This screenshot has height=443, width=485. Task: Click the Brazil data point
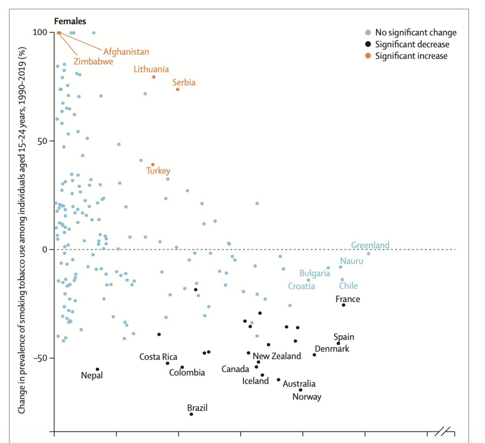pos(191,414)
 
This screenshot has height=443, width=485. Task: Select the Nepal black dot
pos(98,369)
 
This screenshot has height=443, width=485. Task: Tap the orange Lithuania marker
pos(154,77)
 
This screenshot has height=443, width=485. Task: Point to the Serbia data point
pos(178,89)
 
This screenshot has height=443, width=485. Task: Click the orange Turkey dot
pos(153,165)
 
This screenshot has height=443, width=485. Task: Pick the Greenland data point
pos(368,254)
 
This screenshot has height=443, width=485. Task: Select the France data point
pos(343,305)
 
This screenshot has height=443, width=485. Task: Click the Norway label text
pos(306,397)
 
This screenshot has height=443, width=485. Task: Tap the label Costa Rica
pos(158,356)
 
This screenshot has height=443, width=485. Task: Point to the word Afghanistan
pos(126,52)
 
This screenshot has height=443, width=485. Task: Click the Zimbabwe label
pos(93,62)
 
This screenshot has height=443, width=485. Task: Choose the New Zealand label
pos(277,356)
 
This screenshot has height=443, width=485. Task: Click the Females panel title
pos(70,21)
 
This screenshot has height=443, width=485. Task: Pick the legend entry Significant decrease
pos(412,44)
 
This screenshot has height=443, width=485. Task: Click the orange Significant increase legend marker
pos(368,56)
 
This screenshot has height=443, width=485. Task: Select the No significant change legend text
pos(416,33)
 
